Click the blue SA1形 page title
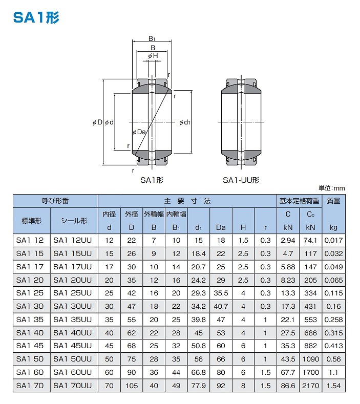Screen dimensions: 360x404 click(x=36, y=18)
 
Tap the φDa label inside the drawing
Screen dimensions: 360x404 click(x=139, y=132)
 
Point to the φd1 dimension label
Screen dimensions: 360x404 click(x=185, y=122)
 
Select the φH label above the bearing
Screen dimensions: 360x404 click(x=153, y=56)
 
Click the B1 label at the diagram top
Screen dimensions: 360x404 click(x=152, y=39)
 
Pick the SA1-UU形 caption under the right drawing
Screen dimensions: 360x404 click(x=241, y=180)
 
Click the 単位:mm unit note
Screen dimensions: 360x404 click(x=332, y=188)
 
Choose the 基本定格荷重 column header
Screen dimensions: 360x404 click(x=299, y=201)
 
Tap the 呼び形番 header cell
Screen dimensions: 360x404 click(x=55, y=201)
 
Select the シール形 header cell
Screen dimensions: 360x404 click(x=74, y=221)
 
